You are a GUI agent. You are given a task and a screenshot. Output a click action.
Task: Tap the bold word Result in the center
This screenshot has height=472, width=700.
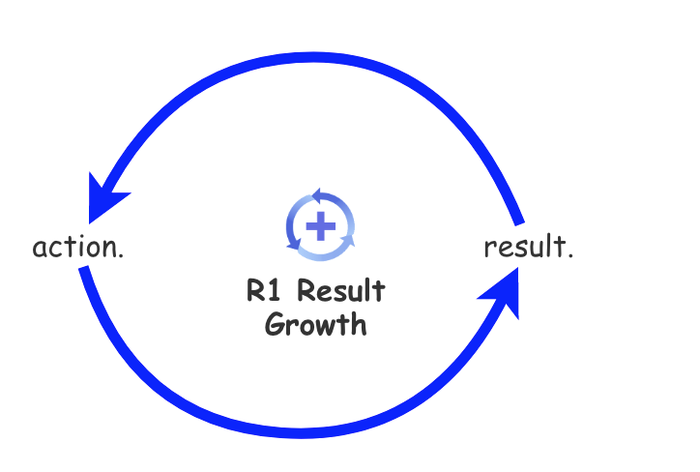tap(340, 291)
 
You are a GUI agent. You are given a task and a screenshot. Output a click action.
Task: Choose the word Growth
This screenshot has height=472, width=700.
tap(315, 324)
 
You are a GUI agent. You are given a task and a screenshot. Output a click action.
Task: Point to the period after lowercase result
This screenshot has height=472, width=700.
tap(570, 255)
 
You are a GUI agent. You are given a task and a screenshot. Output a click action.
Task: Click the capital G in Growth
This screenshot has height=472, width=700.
tap(274, 324)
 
